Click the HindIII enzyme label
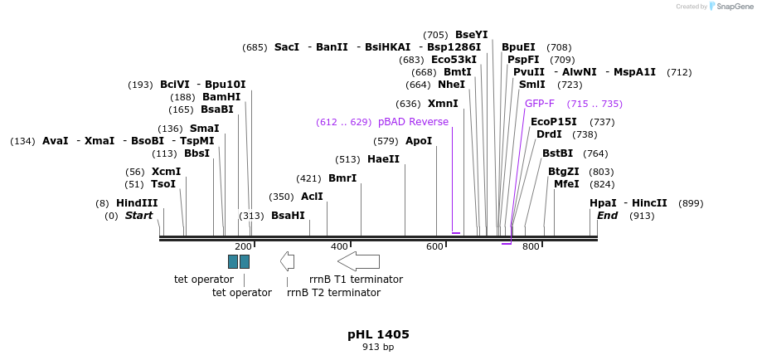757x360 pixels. click(x=137, y=203)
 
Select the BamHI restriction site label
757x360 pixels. click(x=221, y=97)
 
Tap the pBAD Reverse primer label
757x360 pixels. click(x=413, y=122)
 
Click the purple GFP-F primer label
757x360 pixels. click(x=540, y=104)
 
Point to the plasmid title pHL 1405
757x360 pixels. click(x=378, y=334)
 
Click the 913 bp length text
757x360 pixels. click(x=378, y=348)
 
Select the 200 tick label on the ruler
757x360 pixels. click(x=243, y=246)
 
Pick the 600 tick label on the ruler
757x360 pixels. click(x=435, y=246)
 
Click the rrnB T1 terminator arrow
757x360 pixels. click(x=358, y=261)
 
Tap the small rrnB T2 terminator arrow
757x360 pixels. click(x=287, y=261)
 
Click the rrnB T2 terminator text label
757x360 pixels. click(x=333, y=293)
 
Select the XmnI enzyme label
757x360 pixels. click(x=443, y=104)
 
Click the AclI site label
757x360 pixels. click(x=312, y=197)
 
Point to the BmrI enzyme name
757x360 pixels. click(x=342, y=178)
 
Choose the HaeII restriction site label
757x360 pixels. click(x=383, y=159)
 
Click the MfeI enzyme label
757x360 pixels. click(x=566, y=184)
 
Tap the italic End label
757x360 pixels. click(x=607, y=216)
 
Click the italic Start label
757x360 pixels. click(x=138, y=216)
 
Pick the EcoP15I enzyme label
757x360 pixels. click(x=553, y=122)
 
